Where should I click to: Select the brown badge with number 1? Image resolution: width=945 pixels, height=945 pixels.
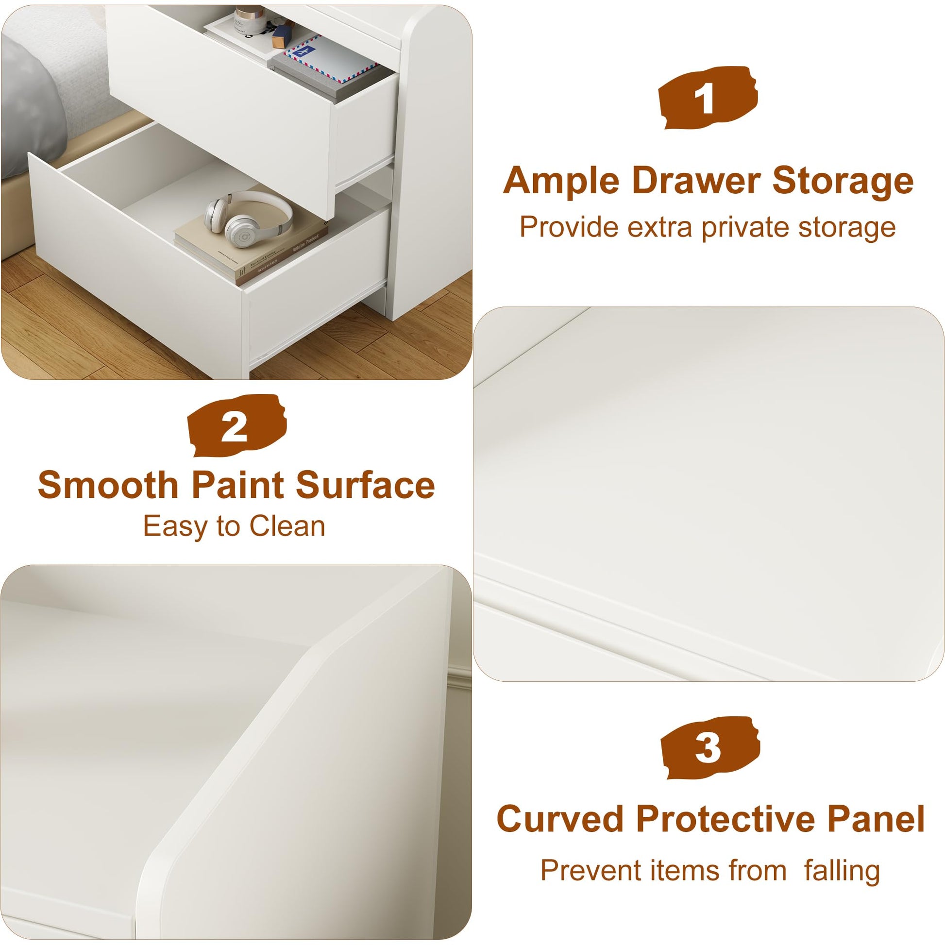coord(707,98)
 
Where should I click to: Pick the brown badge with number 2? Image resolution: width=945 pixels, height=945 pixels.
coord(237,425)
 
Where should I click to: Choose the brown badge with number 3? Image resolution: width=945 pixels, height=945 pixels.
coord(710,748)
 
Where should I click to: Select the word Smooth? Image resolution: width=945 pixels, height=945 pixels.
coord(108,485)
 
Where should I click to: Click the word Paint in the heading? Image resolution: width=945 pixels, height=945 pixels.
coord(238,485)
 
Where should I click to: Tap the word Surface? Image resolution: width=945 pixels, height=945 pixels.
coord(365,485)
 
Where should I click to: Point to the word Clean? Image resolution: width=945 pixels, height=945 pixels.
coord(287,527)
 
